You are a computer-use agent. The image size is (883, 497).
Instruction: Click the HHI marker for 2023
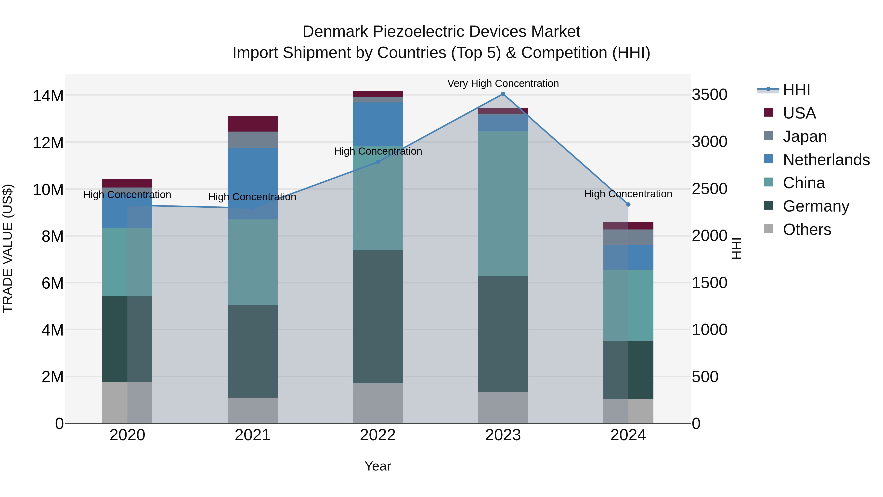coord(503,94)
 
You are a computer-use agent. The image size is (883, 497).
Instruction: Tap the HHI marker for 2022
coord(378,162)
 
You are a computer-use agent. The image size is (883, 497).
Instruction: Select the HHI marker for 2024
coord(628,204)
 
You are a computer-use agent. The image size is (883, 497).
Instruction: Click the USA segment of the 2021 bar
coord(253,124)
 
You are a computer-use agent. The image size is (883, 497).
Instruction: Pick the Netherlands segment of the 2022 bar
coord(378,124)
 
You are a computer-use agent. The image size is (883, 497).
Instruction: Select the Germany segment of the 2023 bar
coord(503,334)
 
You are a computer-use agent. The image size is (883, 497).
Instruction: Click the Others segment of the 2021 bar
coord(253,411)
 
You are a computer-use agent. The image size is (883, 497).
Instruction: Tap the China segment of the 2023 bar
coord(503,204)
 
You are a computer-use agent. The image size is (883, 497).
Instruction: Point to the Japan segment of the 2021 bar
coord(253,140)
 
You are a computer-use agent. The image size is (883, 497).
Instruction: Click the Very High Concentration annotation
coord(503,84)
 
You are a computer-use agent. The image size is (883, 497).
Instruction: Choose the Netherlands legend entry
coord(826,160)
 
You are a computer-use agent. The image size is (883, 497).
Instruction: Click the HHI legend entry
coord(796,90)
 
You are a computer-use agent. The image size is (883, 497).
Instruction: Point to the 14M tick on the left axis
coord(48,96)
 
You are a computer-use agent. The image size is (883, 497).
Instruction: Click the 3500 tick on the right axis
coord(709,95)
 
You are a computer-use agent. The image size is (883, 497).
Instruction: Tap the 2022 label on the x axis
coord(378,435)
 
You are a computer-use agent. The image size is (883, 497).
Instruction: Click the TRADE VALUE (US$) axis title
coord(8,248)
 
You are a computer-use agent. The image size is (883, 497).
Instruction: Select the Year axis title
coord(378,466)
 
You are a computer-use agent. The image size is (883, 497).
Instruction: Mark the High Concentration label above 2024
coord(628,194)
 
